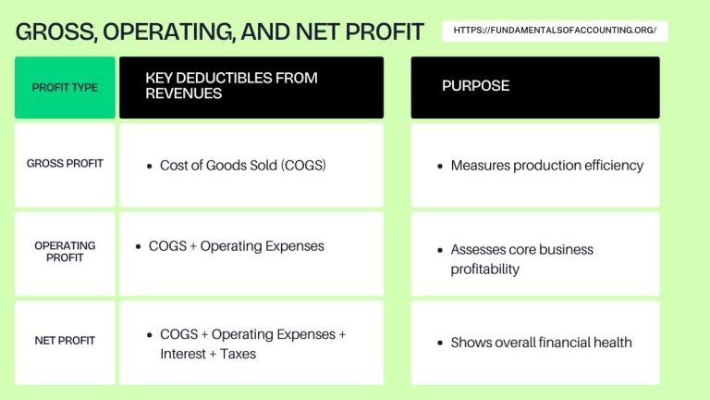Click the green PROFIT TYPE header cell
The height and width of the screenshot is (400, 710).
pos(65,87)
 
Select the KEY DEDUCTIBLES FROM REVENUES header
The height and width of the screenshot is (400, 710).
pos(231,86)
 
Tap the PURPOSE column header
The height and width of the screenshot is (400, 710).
pos(475,86)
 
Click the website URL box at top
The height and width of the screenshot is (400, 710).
pos(556,31)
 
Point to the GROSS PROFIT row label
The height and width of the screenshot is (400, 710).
pos(65,164)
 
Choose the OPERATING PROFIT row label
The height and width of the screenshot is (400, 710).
pos(65,252)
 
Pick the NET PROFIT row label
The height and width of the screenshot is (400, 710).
pos(65,341)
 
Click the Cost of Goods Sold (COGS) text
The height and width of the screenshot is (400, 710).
pos(243,166)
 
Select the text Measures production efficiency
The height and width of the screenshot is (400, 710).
pos(546,166)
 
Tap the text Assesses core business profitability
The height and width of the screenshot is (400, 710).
pos(521,259)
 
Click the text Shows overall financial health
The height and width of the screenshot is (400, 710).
pos(541,343)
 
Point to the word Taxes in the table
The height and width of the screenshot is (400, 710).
pos(238,354)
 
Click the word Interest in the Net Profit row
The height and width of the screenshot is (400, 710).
pos(185,354)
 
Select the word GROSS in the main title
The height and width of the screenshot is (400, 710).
pos(55,32)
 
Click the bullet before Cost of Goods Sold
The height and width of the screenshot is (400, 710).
pos(149,167)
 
